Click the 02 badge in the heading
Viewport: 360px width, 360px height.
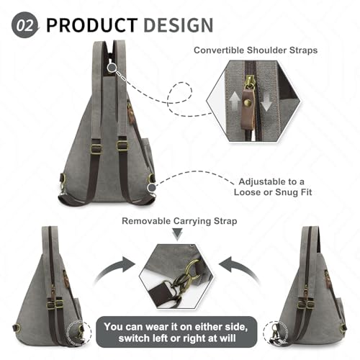coord(24,25)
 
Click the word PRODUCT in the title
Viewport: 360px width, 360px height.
coord(92,25)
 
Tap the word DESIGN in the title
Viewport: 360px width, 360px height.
coord(179,25)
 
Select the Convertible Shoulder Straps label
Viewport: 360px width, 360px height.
coord(256,50)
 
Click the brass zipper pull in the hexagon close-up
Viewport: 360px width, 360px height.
coord(250,83)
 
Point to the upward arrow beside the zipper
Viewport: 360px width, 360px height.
coord(235,102)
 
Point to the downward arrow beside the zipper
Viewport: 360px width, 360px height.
coord(266,102)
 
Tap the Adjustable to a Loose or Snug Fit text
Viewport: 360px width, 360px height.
coord(273,187)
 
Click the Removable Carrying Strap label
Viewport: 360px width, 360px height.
coord(179,221)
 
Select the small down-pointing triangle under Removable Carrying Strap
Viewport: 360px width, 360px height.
coord(178,234)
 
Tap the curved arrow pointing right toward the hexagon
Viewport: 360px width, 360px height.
coord(115,269)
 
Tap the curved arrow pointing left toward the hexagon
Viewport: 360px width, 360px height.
coord(239,269)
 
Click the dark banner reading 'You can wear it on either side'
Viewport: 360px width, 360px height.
coord(176,333)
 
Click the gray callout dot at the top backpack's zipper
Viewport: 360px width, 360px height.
coord(112,68)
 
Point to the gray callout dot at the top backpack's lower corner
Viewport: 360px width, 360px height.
coord(152,188)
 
